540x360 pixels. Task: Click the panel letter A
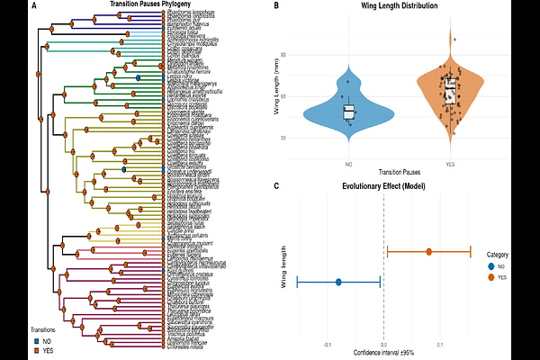tap(33, 6)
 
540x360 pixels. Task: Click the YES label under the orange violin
tap(449, 164)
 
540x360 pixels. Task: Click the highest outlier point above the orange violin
tap(455, 39)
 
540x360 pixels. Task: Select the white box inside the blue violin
tap(348, 112)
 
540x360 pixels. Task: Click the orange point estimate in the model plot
tap(429, 252)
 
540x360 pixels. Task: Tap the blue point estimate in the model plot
tap(338, 283)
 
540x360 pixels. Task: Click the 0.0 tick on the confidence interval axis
tap(384, 344)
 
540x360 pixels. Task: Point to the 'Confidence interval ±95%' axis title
tap(384, 351)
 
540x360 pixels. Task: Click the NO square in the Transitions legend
tap(36, 340)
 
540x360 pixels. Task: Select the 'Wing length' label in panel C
tap(284, 266)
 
